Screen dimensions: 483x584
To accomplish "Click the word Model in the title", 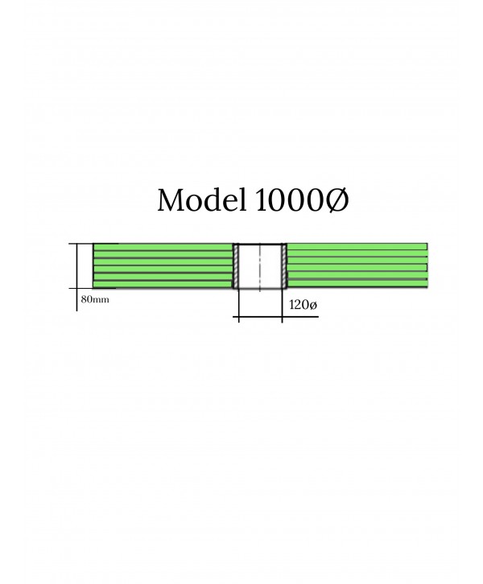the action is pos(201,199).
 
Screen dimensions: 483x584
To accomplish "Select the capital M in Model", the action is pos(172,200).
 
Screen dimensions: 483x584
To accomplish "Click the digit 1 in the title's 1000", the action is pos(262,200).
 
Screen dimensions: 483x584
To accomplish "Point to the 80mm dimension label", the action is pos(95,299).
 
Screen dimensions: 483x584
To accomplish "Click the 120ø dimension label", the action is pos(303,305).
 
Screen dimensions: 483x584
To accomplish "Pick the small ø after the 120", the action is pos(313,306).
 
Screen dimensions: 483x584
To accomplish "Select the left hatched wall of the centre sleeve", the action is pos(236,265).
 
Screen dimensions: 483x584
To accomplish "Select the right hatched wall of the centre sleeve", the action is pos(284,265).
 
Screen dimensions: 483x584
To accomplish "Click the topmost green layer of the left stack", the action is pos(163,247).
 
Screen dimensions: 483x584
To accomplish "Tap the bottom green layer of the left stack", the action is pos(163,285).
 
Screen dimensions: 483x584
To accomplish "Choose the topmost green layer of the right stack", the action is pos(357,247).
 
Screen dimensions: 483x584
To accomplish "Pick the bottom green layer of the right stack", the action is pos(357,284).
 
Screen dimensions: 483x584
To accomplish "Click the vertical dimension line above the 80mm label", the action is pos(77,277).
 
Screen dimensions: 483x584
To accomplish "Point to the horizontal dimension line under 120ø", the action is pos(276,317).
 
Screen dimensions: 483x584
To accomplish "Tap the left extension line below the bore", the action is pos(238,306).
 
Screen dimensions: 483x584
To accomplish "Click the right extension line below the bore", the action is pos(282,306).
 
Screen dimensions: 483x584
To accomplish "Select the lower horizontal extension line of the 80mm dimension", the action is pos(93,288).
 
